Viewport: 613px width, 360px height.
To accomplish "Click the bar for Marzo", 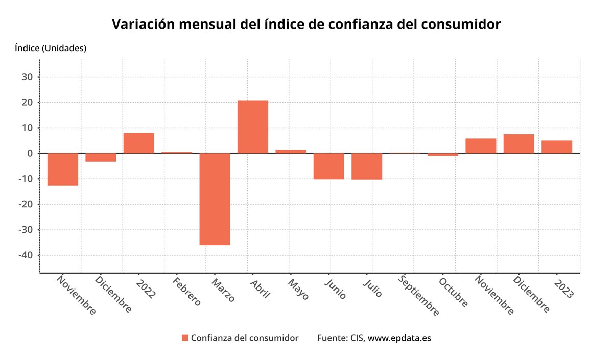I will point(215,199).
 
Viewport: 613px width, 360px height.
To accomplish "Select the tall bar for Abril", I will point(253,127).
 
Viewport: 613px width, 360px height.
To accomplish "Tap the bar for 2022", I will point(139,143).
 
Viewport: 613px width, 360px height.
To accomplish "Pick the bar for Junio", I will point(328,166).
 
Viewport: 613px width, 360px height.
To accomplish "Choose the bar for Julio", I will point(367,166).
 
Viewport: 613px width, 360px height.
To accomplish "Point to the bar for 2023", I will point(557,147).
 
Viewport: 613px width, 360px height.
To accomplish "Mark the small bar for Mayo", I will point(291,151).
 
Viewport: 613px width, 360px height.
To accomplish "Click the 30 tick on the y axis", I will point(27,77).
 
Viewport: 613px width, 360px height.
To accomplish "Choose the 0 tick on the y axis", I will point(30,153).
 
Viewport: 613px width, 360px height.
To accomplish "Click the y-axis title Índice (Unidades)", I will point(51,49).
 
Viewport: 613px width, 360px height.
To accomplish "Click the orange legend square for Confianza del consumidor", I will point(185,338).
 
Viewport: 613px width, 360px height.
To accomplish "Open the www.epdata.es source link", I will point(399,338).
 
